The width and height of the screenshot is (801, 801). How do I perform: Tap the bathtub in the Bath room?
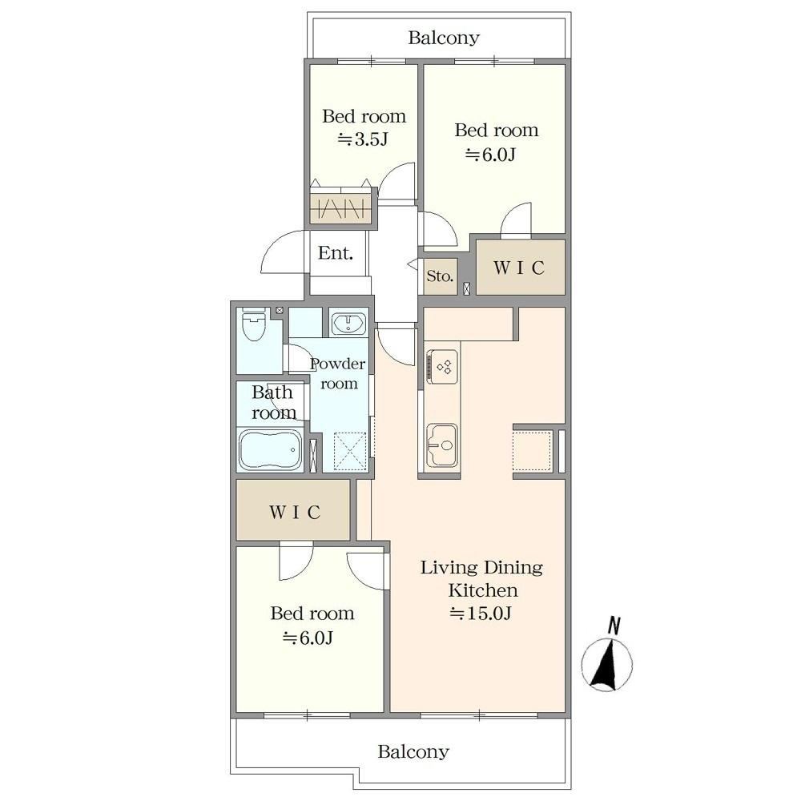pyautogui.click(x=270, y=449)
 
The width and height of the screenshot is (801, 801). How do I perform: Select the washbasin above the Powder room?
pyautogui.click(x=348, y=324)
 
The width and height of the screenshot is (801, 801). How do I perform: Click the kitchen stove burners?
pyautogui.click(x=442, y=366)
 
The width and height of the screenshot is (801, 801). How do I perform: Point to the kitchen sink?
pyautogui.click(x=442, y=445)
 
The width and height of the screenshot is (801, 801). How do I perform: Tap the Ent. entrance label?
pyautogui.click(x=335, y=253)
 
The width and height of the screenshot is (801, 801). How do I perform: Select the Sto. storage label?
pyautogui.click(x=440, y=276)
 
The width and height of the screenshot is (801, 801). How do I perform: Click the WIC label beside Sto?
pyautogui.click(x=519, y=268)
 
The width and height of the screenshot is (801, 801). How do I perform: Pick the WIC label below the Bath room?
pyautogui.click(x=295, y=512)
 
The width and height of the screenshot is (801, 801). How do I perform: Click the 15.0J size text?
pyautogui.click(x=480, y=613)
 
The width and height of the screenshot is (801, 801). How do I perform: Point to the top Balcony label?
pyautogui.click(x=444, y=38)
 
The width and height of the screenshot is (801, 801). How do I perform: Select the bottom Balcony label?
pyautogui.click(x=413, y=752)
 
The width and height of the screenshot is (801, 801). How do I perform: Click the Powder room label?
pyautogui.click(x=338, y=373)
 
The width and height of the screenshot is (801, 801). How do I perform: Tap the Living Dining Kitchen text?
pyautogui.click(x=481, y=578)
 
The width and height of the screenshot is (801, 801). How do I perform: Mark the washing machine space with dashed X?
pyautogui.click(x=351, y=450)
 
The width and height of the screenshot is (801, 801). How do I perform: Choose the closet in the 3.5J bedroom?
pyautogui.click(x=340, y=208)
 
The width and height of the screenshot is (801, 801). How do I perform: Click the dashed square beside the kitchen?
pyautogui.click(x=533, y=450)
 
